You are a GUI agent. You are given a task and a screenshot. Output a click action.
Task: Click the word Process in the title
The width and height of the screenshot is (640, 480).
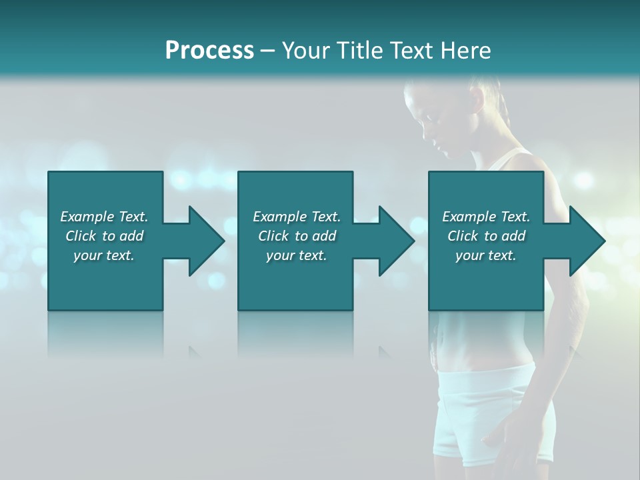(x=209, y=51)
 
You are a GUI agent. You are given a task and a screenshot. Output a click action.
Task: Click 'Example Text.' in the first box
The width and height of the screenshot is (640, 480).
(x=104, y=217)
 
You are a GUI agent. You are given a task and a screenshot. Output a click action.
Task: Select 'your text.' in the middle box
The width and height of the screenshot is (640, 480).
(x=296, y=255)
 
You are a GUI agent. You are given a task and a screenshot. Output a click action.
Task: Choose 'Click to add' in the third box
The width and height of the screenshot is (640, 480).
(x=486, y=236)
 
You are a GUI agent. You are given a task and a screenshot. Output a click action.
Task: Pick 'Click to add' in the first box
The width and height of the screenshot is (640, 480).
(x=104, y=236)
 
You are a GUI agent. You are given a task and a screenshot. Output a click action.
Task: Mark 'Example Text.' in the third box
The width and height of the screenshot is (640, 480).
(x=486, y=217)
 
